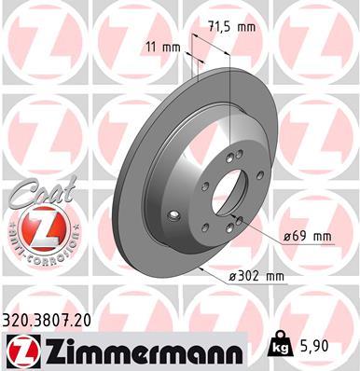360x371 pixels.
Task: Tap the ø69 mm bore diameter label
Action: pos(308,237)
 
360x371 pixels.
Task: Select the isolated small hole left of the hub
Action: pos(172,215)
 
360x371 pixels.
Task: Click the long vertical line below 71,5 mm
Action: pos(229,93)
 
